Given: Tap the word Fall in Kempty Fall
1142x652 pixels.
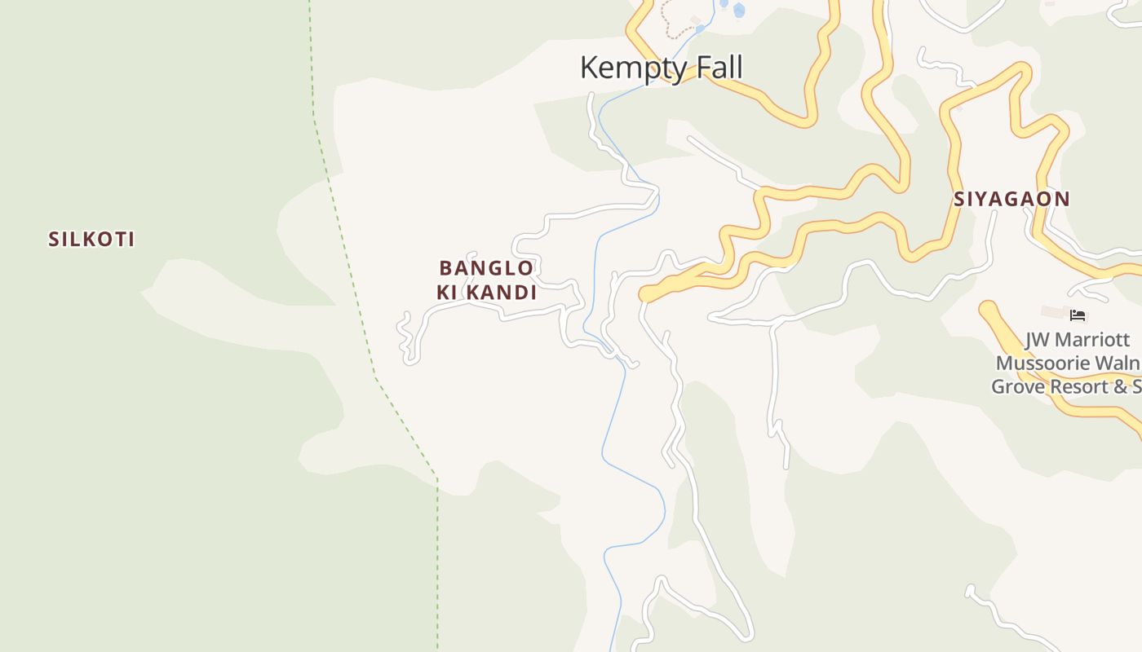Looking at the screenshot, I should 716,67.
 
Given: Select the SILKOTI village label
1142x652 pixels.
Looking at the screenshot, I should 91,239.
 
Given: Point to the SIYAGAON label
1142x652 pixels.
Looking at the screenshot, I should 1011,199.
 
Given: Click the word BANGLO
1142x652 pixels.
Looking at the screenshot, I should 486,267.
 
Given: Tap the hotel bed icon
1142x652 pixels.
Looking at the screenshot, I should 1078,315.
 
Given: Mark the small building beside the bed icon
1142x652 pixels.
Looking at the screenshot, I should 1053,312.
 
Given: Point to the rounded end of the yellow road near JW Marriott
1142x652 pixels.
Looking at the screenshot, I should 989,311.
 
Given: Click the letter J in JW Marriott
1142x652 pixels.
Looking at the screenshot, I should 1029,340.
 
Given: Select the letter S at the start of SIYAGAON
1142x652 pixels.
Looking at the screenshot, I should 960,199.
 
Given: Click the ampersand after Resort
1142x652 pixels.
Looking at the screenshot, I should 1122,386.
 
